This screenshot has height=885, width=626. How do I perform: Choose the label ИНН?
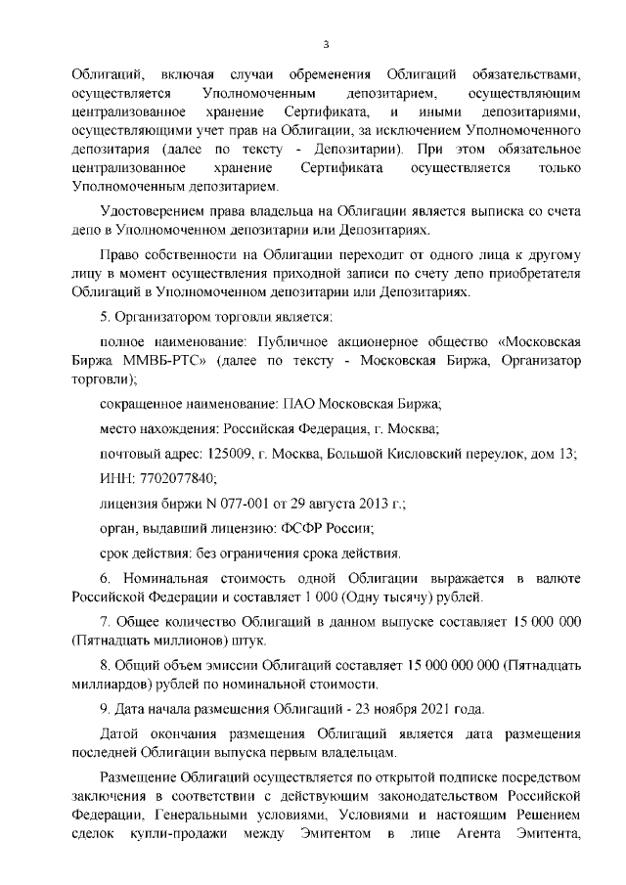[116, 479]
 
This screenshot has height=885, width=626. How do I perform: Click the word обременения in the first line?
[328, 76]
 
